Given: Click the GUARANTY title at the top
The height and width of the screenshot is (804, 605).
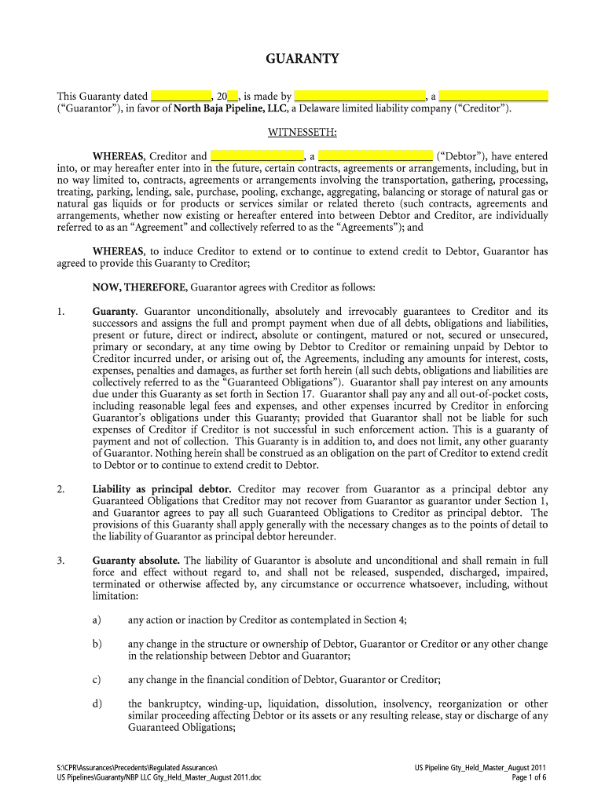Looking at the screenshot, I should (x=302, y=59).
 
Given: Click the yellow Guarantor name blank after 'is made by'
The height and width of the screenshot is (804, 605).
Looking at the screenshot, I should (x=360, y=96).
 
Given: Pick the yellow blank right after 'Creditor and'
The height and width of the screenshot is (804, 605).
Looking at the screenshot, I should (x=257, y=156).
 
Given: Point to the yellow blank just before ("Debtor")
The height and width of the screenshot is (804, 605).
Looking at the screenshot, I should (x=376, y=156).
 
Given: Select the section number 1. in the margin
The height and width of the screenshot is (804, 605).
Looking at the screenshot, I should (x=60, y=312).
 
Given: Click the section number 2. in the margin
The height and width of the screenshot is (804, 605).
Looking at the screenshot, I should (x=60, y=489).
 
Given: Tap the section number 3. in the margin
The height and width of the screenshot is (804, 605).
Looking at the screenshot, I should (x=60, y=561).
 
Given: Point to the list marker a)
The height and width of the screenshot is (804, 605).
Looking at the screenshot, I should (x=97, y=620).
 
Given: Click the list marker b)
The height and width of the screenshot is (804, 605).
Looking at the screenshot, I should (x=97, y=644).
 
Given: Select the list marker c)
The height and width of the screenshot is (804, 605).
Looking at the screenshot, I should (x=97, y=680).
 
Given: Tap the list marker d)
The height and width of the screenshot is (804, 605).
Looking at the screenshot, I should (x=97, y=703).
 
